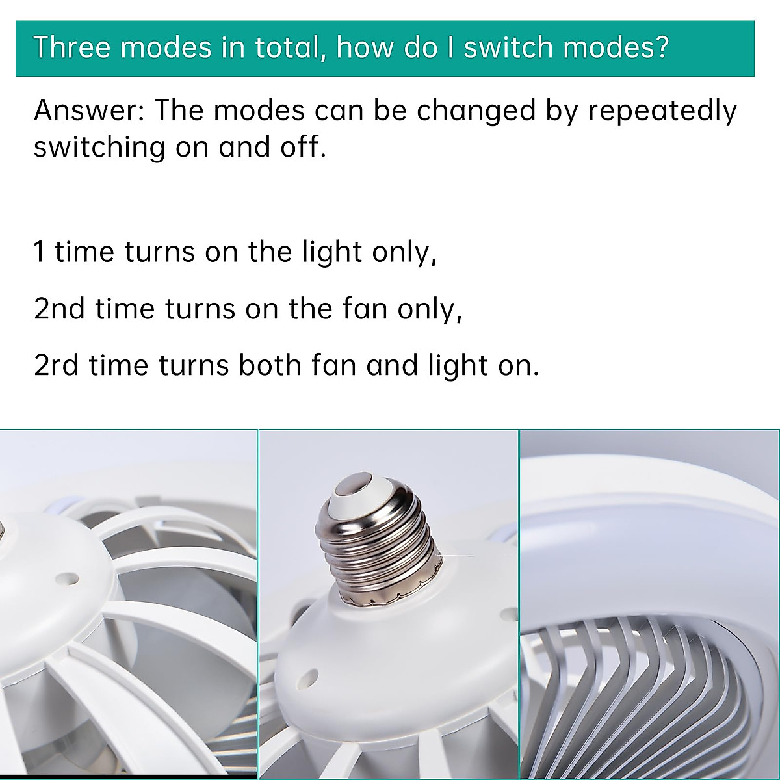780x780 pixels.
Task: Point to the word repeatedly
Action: [662, 112]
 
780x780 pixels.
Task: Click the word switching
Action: [99, 148]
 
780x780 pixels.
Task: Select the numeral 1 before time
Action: [40, 252]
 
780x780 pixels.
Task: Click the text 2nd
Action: [59, 309]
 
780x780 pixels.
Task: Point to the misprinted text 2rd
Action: [56, 365]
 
